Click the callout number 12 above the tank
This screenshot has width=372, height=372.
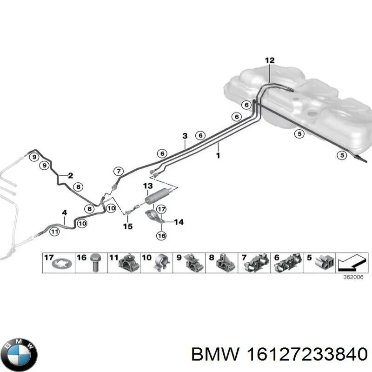tap(270, 60)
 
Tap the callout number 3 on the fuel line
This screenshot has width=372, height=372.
tap(185, 136)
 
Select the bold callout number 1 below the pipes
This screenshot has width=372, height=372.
tap(218, 157)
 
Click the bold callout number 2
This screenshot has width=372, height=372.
tap(70, 175)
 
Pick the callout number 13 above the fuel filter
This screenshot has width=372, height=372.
tap(147, 186)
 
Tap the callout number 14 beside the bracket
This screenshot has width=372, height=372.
tap(178, 222)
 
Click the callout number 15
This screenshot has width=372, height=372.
tap(127, 226)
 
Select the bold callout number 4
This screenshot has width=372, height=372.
tap(64, 213)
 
